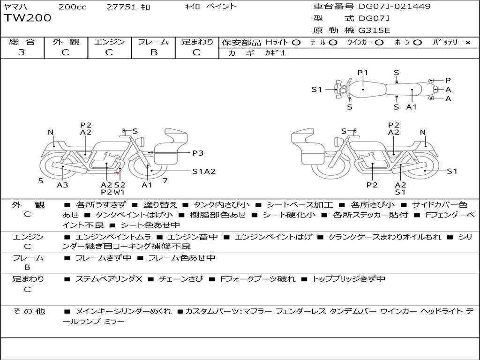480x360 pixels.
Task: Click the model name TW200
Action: click(x=27, y=18)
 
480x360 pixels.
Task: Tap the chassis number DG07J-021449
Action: click(x=394, y=7)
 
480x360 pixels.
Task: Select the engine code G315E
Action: click(x=374, y=30)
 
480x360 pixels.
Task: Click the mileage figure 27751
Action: click(x=121, y=7)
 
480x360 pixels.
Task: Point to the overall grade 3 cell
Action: click(x=22, y=52)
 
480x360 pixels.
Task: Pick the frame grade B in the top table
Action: click(x=153, y=52)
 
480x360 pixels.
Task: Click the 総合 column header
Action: click(x=22, y=42)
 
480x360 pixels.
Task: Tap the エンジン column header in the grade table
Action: click(x=109, y=42)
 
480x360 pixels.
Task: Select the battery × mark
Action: click(x=467, y=42)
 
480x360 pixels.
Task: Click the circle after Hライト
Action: click(x=296, y=42)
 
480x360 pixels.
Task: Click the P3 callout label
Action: click(x=198, y=153)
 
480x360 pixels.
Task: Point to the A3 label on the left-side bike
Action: click(x=62, y=185)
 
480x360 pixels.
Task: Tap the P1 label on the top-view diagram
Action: click(x=363, y=73)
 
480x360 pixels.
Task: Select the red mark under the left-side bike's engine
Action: click(x=116, y=173)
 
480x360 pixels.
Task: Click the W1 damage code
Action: click(x=120, y=192)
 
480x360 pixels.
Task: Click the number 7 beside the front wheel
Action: click(x=165, y=180)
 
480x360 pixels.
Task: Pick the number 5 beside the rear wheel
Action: click(x=41, y=180)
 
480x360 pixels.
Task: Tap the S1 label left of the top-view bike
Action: click(x=317, y=89)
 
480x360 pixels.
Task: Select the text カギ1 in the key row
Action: click(x=275, y=53)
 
